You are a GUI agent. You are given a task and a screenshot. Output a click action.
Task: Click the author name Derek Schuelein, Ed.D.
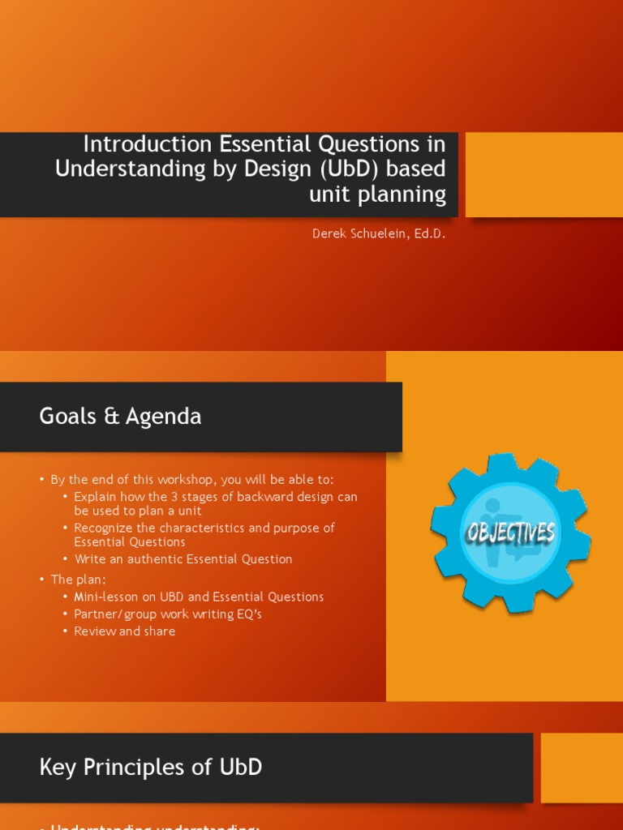tap(379, 234)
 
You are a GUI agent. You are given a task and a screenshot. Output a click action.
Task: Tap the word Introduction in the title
tap(147, 144)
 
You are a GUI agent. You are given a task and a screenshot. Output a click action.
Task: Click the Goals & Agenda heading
tap(120, 417)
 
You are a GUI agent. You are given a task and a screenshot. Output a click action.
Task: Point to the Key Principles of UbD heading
tap(151, 767)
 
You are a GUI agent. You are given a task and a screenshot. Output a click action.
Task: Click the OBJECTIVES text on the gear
tap(510, 533)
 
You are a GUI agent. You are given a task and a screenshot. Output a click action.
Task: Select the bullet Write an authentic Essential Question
tap(183, 559)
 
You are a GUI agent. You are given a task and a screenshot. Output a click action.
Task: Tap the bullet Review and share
tap(124, 631)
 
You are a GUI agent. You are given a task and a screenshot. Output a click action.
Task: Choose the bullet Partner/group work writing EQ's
tap(168, 614)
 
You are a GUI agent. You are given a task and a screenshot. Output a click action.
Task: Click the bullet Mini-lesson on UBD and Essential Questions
tap(199, 597)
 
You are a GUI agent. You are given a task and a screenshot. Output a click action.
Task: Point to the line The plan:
tap(78, 579)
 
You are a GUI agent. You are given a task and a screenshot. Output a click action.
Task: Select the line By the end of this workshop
tap(191, 479)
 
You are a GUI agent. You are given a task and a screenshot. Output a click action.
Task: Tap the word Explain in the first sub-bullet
tap(96, 497)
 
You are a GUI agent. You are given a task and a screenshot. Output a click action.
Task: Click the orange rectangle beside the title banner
tap(544, 174)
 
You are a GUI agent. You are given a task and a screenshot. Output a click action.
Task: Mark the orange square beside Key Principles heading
tap(582, 768)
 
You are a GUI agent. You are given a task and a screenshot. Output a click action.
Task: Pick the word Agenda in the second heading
tap(169, 417)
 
